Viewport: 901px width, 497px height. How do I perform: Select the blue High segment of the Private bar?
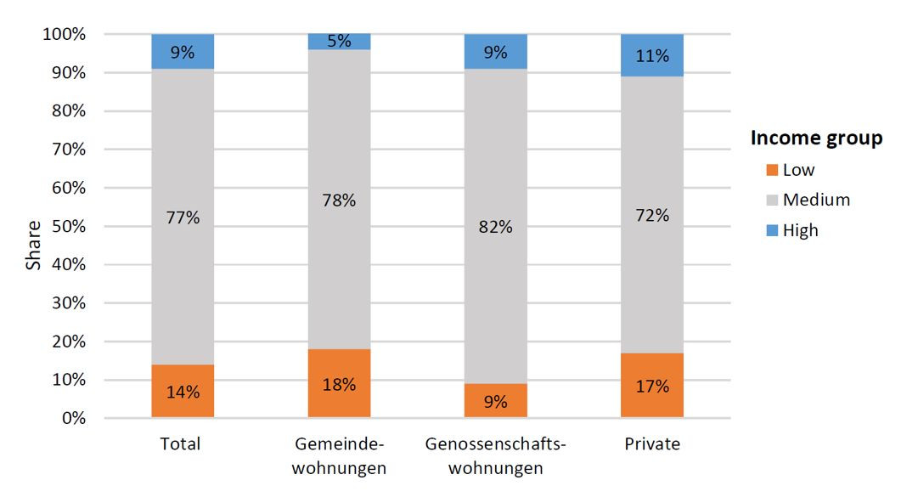click(651, 55)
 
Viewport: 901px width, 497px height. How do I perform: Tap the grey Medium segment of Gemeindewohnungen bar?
click(339, 255)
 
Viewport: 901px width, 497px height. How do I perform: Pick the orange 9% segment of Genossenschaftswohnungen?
click(495, 400)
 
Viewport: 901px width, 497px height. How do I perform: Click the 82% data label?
click(495, 227)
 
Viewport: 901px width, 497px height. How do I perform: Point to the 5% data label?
click(339, 41)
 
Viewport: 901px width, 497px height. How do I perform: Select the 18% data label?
click(339, 384)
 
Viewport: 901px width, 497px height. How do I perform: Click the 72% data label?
click(651, 215)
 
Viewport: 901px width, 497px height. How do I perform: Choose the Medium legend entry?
click(815, 200)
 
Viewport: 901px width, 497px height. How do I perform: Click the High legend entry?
click(800, 230)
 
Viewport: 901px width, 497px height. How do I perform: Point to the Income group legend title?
click(816, 138)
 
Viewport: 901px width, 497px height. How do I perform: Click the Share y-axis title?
click(33, 246)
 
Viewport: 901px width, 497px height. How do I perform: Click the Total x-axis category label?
click(180, 444)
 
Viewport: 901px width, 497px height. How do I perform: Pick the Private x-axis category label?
click(652, 444)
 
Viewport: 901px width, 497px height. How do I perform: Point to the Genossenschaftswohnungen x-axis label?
click(496, 456)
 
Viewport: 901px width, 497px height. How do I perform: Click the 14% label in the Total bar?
click(183, 393)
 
